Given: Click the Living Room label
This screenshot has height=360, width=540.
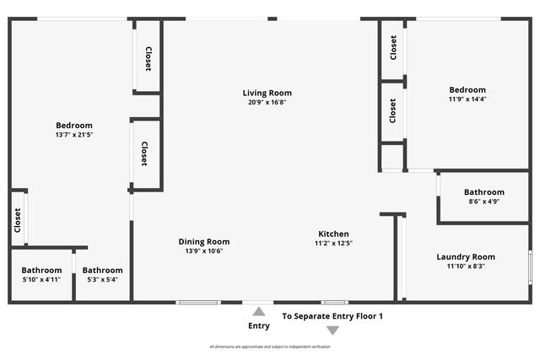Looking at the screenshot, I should pos(267,93).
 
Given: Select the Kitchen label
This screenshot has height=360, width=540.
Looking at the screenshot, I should pos(333,234).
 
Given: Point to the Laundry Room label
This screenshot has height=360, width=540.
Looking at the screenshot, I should pos(466,257).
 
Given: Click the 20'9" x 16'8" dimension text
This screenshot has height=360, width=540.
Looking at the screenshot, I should pos(267,102).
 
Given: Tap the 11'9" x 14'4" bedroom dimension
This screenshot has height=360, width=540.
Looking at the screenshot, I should pos(467,99).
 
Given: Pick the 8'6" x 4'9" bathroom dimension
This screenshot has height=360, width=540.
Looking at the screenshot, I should pos(483,201).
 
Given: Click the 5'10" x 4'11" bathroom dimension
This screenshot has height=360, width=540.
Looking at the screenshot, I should pos(41,279).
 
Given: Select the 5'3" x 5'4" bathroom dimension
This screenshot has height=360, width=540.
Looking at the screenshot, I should pos(102,279).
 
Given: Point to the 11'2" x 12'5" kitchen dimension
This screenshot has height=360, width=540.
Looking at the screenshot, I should pos(333,244).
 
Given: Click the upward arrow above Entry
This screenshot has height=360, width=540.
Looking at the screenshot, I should pos(259,312).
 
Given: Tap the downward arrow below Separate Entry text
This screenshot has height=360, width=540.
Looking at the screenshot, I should pos(332,330).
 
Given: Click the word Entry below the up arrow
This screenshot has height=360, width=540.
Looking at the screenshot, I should pos(259,326).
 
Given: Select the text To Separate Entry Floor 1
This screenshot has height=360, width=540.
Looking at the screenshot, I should pos(332,316).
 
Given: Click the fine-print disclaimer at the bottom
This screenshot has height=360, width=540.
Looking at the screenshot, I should pos(269,347).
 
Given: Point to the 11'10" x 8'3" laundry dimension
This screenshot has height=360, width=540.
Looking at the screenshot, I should pos(466,266).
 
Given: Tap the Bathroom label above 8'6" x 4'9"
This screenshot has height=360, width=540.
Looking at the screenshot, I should pos(483,192).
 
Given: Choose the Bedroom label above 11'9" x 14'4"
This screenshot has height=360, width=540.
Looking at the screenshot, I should pos(467,89).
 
